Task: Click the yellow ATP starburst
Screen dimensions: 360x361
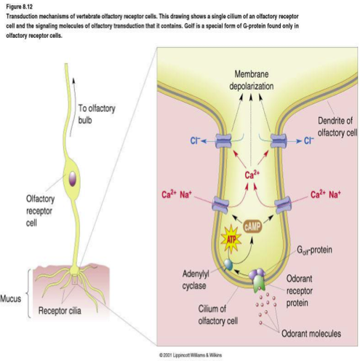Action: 231,239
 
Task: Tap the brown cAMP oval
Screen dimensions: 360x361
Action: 252,227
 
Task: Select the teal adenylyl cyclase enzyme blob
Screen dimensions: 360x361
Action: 228,265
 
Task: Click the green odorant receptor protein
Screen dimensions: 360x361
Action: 259,282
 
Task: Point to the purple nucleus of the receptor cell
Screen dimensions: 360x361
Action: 73,179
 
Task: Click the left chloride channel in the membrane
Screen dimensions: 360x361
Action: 223,141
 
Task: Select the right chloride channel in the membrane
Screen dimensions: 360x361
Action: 279,141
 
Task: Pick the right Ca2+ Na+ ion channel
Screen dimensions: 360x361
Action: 283,205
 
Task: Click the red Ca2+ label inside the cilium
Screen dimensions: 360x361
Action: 252,175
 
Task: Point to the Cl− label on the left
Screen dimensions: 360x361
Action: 196,140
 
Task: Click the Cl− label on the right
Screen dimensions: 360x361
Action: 309,140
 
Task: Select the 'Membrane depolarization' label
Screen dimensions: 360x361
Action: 252,80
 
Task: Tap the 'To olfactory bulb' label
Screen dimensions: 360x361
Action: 97,114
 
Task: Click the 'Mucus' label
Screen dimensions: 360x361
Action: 11,298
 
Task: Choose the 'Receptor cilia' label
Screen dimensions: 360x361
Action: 60,311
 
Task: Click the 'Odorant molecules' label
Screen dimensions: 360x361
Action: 311,333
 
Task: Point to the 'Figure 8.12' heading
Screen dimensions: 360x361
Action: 19,7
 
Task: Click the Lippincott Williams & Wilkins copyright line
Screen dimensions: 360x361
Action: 191,355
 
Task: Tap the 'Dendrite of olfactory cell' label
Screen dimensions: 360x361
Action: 337,127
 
